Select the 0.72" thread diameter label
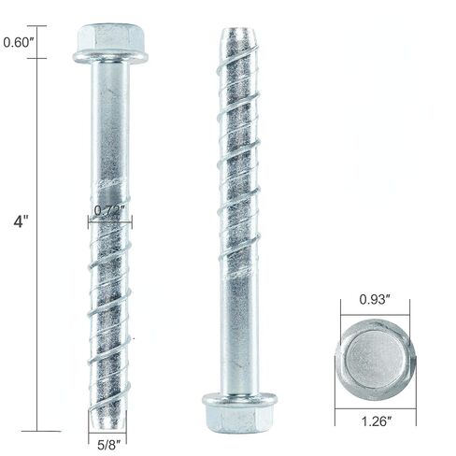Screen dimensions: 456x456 tap(110, 210)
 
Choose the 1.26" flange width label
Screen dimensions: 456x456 tap(374, 420)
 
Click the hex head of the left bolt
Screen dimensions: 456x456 tap(110, 38)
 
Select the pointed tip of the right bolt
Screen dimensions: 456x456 tap(239, 37)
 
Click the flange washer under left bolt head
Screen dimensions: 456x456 tap(110, 58)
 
